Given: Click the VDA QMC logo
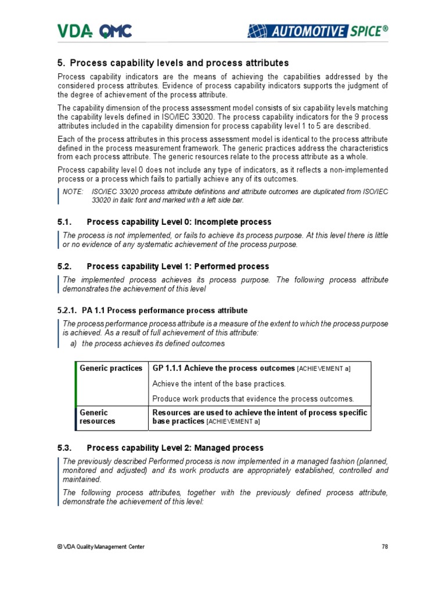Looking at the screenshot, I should click(94, 31).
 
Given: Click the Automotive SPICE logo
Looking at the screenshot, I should click(318, 31).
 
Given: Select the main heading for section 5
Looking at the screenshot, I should click(172, 63).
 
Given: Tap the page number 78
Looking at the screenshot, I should click(384, 546).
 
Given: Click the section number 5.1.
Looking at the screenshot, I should click(64, 222).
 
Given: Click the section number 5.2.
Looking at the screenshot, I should click(64, 266).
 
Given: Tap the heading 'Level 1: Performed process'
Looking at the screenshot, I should click(178, 266).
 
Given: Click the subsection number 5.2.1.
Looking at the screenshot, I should click(67, 310).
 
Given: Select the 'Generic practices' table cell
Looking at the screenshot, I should click(111, 368).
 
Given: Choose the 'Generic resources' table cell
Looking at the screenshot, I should click(98, 417).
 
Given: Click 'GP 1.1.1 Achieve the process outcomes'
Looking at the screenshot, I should click(223, 368).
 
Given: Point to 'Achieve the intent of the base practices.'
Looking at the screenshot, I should click(219, 383).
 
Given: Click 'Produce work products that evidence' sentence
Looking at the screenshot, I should click(253, 399).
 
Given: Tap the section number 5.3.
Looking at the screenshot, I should click(64, 448).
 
